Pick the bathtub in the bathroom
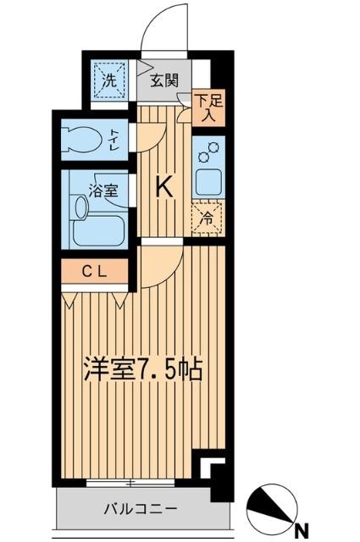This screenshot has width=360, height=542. (x=98, y=228)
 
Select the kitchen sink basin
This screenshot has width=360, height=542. (x=207, y=180)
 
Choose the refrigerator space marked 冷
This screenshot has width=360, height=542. (x=206, y=217)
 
